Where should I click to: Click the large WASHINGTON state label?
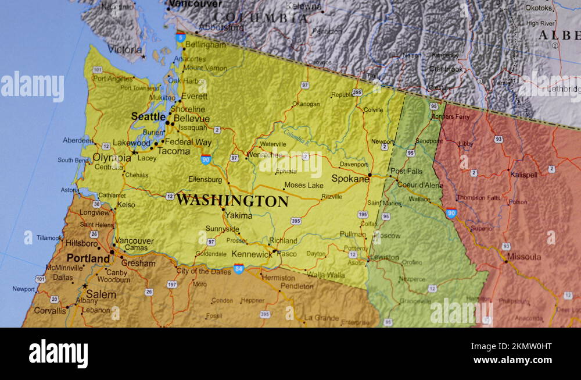[x=232, y=201]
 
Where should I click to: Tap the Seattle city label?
[x=148, y=116]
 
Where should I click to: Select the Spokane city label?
[x=350, y=179]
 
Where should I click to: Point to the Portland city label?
[x=88, y=258]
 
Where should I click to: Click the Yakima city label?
[x=239, y=215]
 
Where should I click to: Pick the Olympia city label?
[x=112, y=158]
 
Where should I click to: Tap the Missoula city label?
[x=523, y=257]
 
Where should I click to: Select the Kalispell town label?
[x=523, y=175]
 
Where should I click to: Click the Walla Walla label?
[x=326, y=275]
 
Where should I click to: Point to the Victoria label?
[x=124, y=49]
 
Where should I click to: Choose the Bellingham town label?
[x=206, y=44]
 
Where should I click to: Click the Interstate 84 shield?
[x=238, y=268]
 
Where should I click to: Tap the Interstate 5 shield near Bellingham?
[x=181, y=37]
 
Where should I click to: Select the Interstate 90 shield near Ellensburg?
[x=206, y=159]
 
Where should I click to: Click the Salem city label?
[x=101, y=294]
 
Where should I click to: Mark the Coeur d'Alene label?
[x=419, y=185]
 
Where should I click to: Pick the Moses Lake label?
[x=303, y=186]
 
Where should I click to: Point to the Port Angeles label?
[x=113, y=79]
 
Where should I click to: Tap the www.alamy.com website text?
[x=512, y=361]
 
